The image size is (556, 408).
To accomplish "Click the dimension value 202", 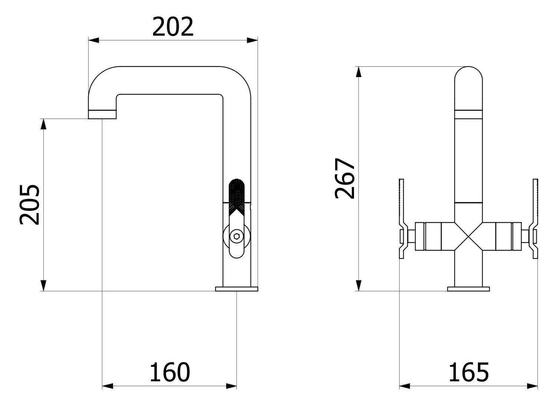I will tap(173, 27).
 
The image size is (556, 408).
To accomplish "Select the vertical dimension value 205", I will tap(30, 205).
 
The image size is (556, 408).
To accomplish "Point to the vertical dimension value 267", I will tap(345, 179).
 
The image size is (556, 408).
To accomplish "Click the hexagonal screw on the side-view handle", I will tap(236, 236).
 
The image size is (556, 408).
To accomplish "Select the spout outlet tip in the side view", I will tap(102, 114).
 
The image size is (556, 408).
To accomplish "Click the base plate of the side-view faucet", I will tap(236, 288).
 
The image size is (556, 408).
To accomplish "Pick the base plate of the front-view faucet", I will tap(469, 288).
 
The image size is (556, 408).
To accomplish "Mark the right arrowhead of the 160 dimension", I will tap(232, 387).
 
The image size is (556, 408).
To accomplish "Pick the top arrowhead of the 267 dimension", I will tap(358, 72).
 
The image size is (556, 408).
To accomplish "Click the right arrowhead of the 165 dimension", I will tap(533, 387).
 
